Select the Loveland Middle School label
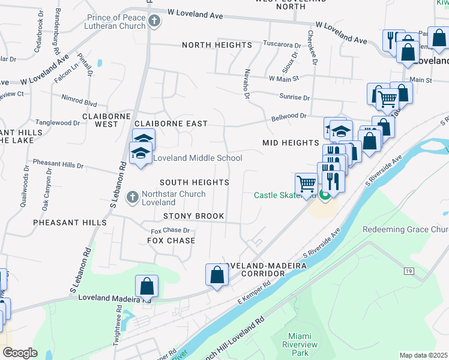click(x=197, y=158)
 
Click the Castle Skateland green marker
click(x=325, y=195)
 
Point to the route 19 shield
click(x=409, y=272)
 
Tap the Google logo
click(x=19, y=353)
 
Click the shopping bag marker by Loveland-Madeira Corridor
click(x=217, y=275)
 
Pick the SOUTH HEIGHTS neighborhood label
click(x=194, y=182)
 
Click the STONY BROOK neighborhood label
click(x=194, y=216)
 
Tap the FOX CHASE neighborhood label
click(x=171, y=241)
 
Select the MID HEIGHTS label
click(x=290, y=143)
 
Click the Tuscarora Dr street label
click(x=282, y=45)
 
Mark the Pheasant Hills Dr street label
click(x=58, y=164)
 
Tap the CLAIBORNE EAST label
click(x=171, y=124)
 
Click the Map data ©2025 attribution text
click(x=423, y=355)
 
